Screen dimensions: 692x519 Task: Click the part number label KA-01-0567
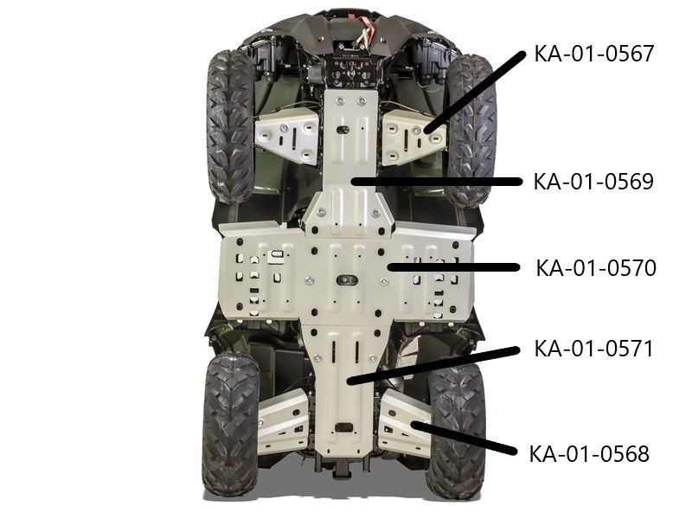point(593,54)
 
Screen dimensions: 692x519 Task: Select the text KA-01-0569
point(593,182)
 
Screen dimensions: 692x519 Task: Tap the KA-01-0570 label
point(596,268)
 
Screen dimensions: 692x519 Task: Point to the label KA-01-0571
point(593,349)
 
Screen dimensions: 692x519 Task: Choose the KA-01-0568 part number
point(589,453)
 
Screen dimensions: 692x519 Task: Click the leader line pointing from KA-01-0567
point(474,93)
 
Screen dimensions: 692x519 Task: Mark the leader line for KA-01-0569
point(436,182)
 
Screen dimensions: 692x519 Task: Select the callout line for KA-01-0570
point(453,267)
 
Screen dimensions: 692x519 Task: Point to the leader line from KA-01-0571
point(433,365)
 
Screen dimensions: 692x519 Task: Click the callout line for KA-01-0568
point(464,438)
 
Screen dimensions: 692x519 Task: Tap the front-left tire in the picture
point(230,125)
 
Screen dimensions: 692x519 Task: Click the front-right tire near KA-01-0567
point(471,131)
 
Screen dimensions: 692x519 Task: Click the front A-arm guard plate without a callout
point(287,137)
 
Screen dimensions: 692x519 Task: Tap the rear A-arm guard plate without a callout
point(283,421)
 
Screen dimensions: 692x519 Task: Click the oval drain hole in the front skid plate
point(343,129)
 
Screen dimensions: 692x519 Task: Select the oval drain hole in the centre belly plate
point(347,279)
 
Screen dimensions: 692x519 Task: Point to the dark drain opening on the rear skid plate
point(343,427)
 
